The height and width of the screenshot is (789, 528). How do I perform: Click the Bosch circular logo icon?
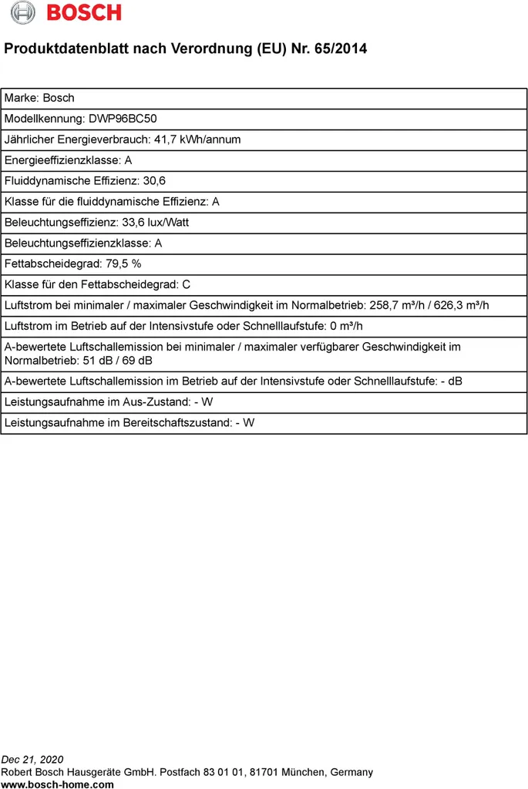click(x=23, y=13)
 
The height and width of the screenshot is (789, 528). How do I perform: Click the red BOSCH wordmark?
click(x=84, y=13)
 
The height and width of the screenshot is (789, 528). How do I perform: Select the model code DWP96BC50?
click(x=123, y=119)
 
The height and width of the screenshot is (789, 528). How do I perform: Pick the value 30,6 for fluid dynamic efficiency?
click(x=154, y=181)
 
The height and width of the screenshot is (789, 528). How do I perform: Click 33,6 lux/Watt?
click(x=156, y=223)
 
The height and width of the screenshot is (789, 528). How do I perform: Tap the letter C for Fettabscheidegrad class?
click(x=187, y=285)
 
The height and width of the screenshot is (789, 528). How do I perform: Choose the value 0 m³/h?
click(x=346, y=327)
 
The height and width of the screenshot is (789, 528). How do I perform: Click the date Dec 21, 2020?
click(x=32, y=760)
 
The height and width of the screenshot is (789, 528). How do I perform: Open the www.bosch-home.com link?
click(x=58, y=784)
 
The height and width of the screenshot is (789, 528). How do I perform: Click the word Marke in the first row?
click(x=20, y=98)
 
